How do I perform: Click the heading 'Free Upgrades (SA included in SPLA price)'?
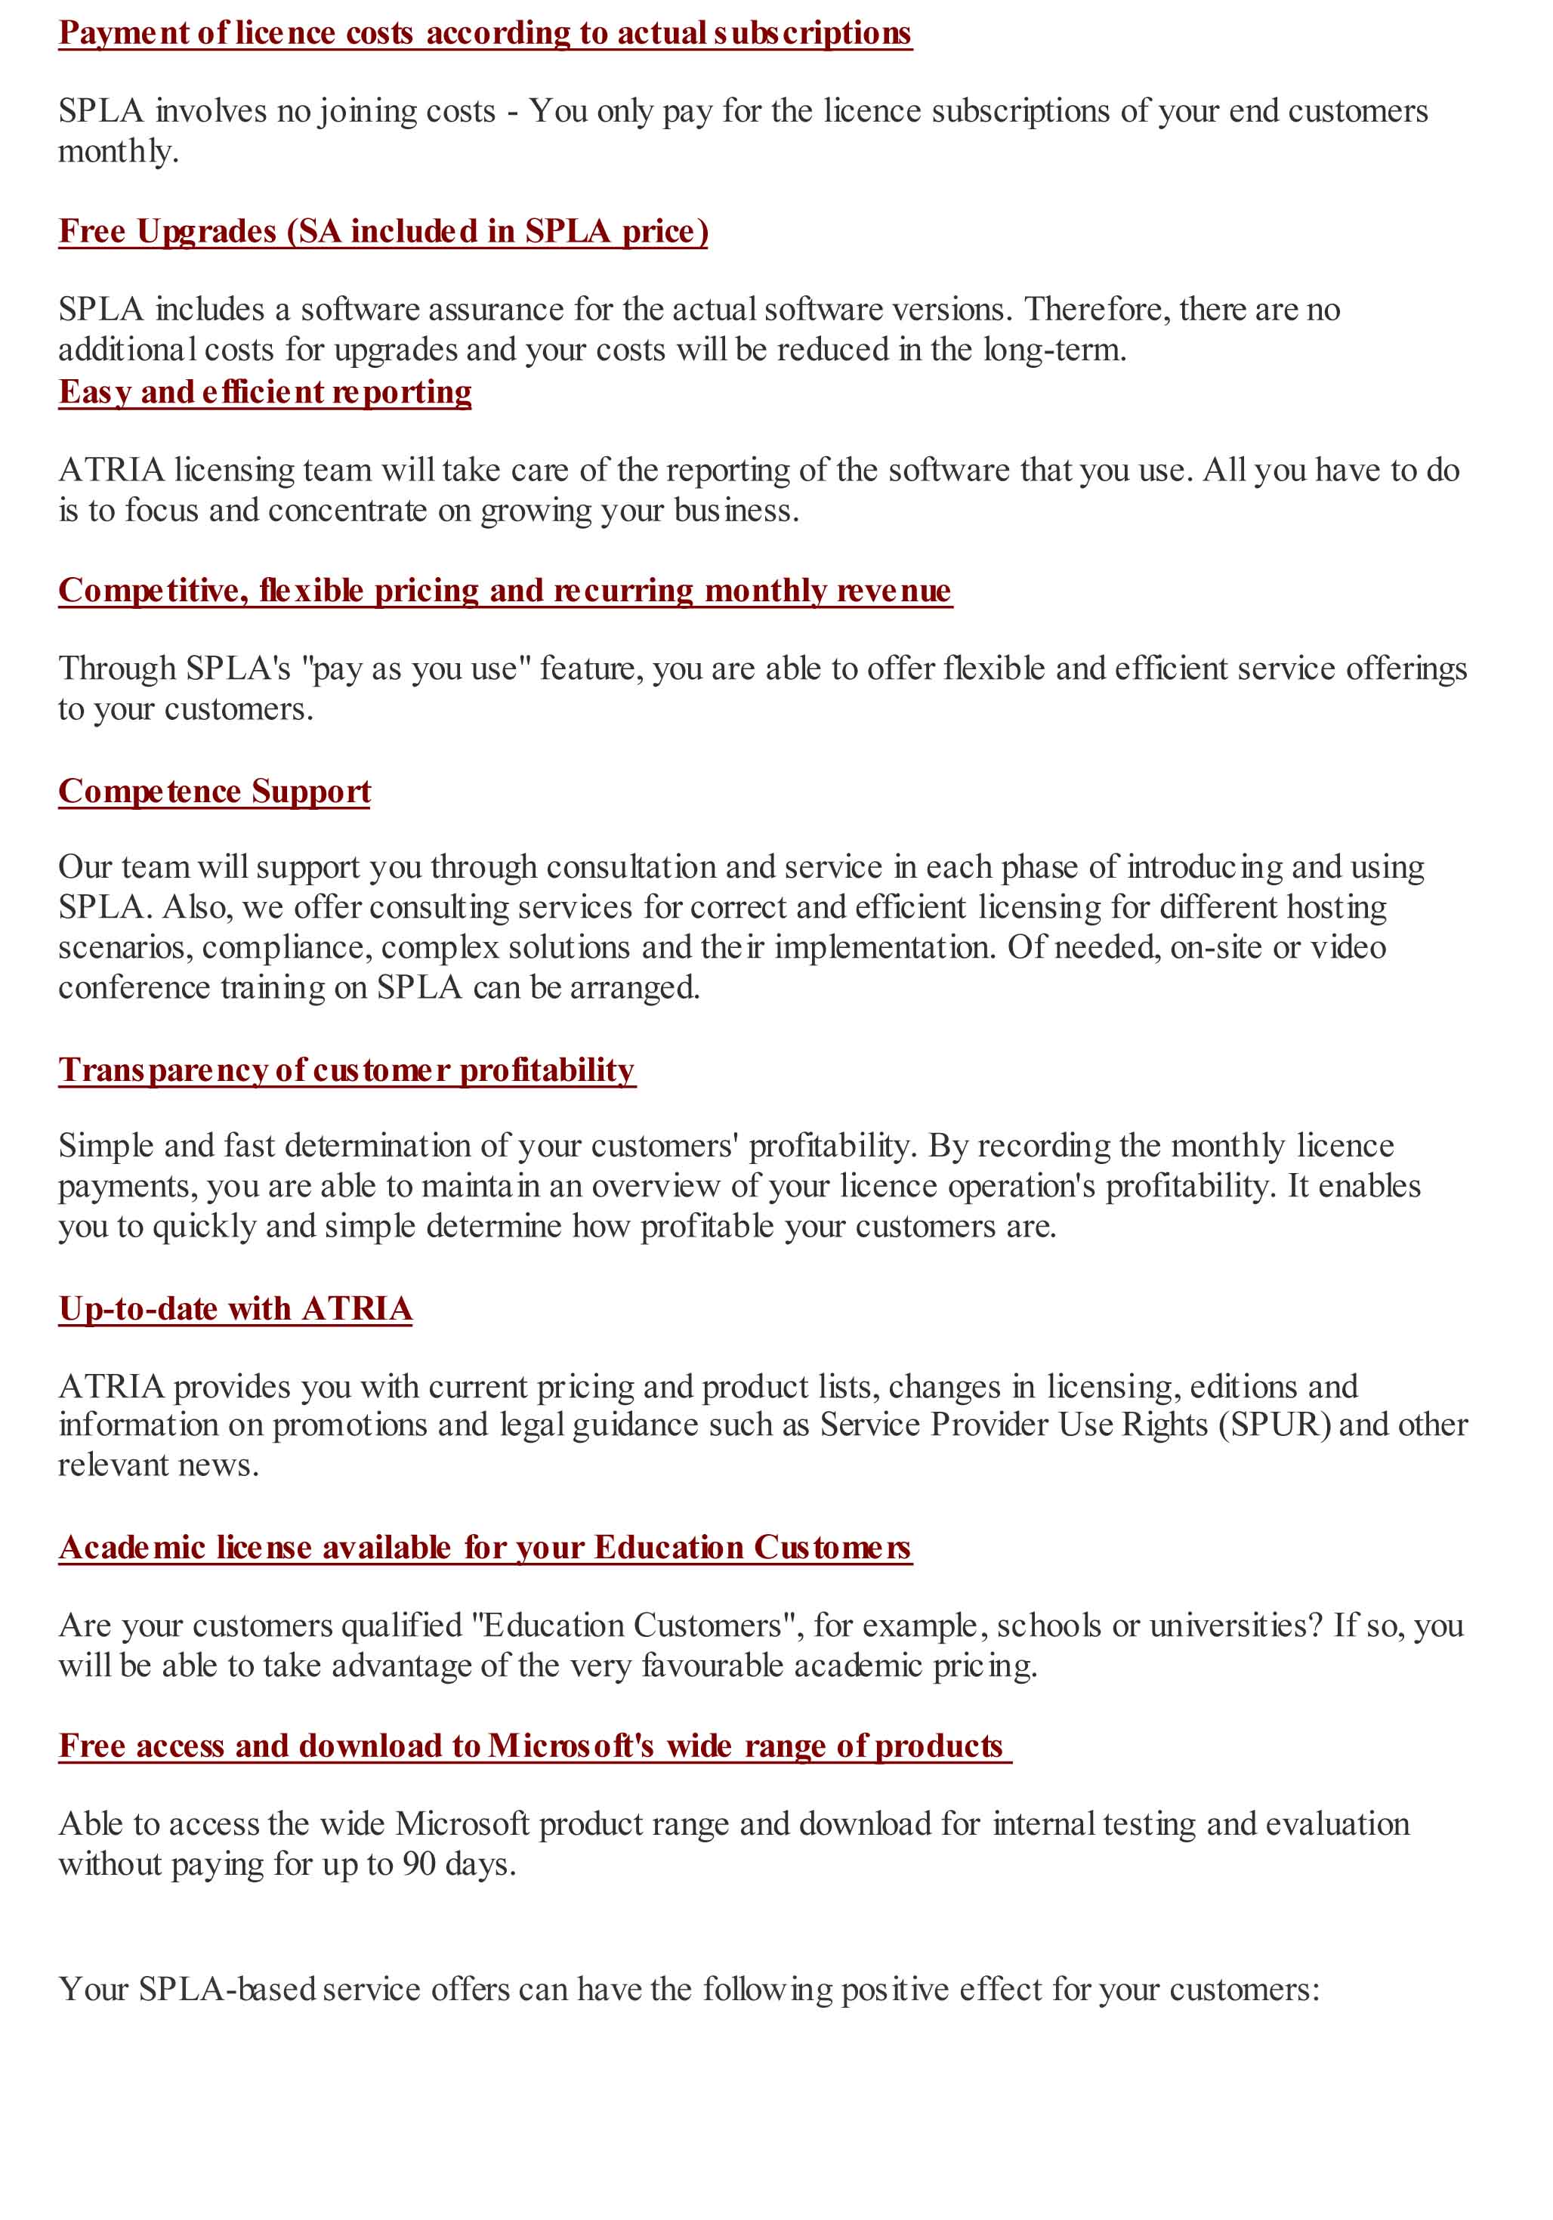click(x=383, y=231)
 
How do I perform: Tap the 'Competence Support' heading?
click(x=214, y=791)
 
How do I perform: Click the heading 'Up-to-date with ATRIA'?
click(x=235, y=1308)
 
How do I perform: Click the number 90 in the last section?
click(x=418, y=1863)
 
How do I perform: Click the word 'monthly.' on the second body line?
click(x=118, y=152)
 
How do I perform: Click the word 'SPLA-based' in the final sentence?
click(x=227, y=1989)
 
